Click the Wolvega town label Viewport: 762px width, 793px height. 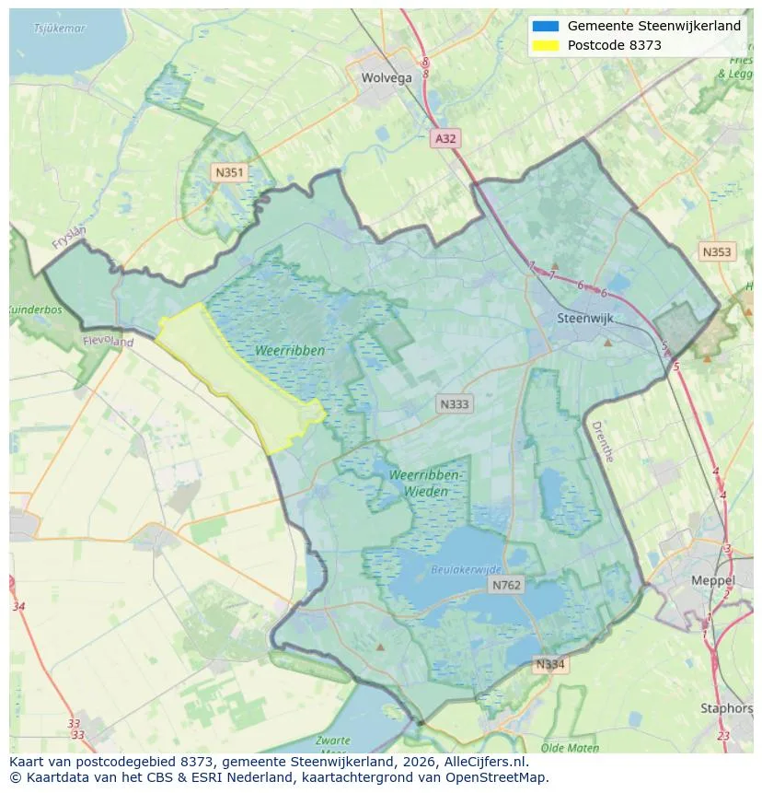(x=387, y=77)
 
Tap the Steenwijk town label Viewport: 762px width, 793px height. (x=585, y=319)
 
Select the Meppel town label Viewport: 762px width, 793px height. (x=713, y=581)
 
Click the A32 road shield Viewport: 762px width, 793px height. (x=445, y=138)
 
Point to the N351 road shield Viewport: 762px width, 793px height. (x=228, y=172)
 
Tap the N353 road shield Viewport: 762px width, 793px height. (x=717, y=251)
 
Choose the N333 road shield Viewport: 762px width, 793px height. (x=454, y=403)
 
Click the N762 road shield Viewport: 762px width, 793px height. (x=506, y=585)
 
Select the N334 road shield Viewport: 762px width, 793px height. (x=550, y=664)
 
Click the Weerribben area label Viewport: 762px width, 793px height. (x=289, y=351)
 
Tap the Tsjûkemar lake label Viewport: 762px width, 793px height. (x=59, y=29)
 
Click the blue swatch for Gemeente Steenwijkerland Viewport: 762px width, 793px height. (x=545, y=26)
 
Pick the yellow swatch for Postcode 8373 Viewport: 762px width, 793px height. (x=545, y=45)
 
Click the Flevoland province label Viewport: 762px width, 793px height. (x=109, y=342)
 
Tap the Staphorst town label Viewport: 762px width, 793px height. (x=726, y=708)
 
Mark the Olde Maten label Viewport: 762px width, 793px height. (x=571, y=748)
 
